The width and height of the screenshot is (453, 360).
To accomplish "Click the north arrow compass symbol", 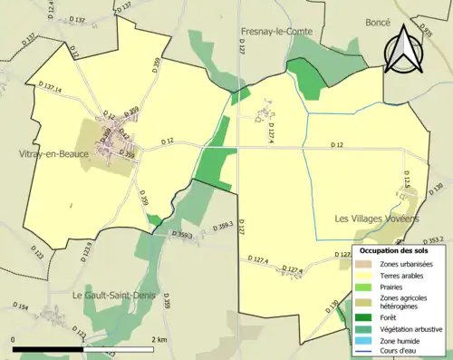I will tap(404, 51).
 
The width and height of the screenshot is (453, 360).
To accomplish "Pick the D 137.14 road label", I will tap(51, 89).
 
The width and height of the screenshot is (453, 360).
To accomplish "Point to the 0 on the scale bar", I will tap(14, 339).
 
